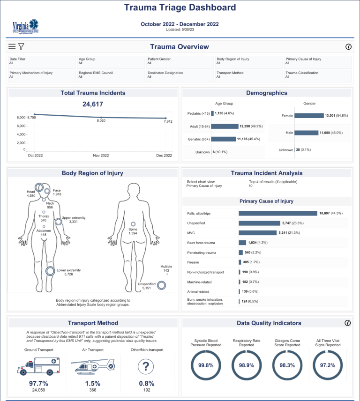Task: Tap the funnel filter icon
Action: coord(21,47)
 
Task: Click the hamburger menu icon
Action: coord(12,47)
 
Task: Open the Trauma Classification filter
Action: coord(318,75)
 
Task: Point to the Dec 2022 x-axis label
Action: coord(165,156)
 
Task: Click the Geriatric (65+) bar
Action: coord(224,139)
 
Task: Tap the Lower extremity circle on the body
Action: coord(50,271)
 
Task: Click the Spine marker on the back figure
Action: coord(133,224)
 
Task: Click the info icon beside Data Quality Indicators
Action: coord(347,323)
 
